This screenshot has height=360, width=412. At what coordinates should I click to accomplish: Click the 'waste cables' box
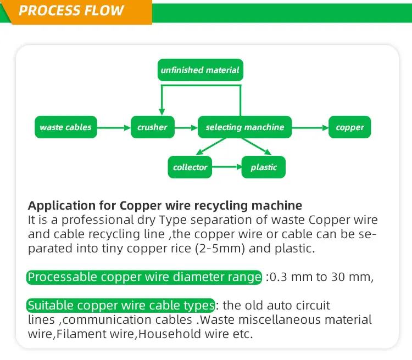click(66, 127)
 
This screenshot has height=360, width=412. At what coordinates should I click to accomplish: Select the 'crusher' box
click(152, 127)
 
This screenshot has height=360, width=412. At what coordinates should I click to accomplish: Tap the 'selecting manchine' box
click(244, 127)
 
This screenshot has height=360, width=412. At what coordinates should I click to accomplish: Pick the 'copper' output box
click(350, 127)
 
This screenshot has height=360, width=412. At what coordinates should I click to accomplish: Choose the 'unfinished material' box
click(200, 70)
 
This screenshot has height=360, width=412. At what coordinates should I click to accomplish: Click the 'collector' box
click(190, 167)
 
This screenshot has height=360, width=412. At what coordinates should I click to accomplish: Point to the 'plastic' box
click(264, 167)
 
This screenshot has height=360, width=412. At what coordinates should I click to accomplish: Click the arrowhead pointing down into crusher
click(161, 112)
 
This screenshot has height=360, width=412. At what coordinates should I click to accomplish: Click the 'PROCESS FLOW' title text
click(72, 11)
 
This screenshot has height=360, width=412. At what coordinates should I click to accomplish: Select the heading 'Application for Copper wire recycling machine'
click(165, 206)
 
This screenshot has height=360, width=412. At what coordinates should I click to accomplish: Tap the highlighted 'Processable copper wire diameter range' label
click(144, 277)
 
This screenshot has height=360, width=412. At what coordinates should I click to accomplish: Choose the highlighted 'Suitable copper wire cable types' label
click(120, 305)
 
